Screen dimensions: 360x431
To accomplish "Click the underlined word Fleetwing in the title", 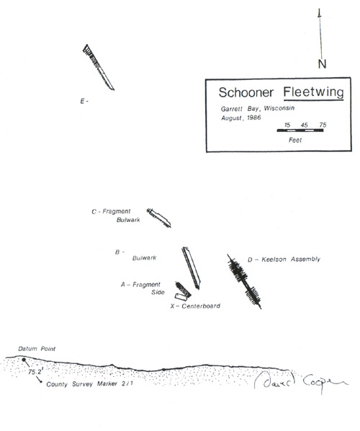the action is (313, 92).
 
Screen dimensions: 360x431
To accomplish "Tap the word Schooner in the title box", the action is (246, 92).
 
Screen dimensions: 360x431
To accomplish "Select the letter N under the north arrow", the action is (322, 64).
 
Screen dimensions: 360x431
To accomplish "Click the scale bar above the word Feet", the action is (300, 130).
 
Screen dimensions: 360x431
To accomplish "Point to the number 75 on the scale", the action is (323, 125).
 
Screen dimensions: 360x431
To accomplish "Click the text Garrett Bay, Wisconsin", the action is (258, 109).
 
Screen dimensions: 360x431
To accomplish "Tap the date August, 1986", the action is (240, 118).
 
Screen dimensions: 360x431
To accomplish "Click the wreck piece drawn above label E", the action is (99, 67).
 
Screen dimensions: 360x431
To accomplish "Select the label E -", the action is (84, 102).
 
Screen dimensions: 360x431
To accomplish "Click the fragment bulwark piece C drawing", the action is (158, 218).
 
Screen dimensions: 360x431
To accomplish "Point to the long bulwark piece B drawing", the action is (191, 267).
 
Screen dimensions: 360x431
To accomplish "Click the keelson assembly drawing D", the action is (244, 282).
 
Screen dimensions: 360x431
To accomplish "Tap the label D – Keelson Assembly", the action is (284, 259).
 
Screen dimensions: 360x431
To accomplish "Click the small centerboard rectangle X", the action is (181, 297).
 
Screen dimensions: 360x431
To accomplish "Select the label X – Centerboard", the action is (195, 306).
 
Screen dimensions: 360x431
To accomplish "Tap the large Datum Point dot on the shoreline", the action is (24, 360).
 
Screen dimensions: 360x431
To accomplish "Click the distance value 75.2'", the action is (35, 372).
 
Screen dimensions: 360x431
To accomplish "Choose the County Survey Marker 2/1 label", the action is (89, 383).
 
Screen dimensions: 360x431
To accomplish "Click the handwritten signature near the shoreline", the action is (301, 380).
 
